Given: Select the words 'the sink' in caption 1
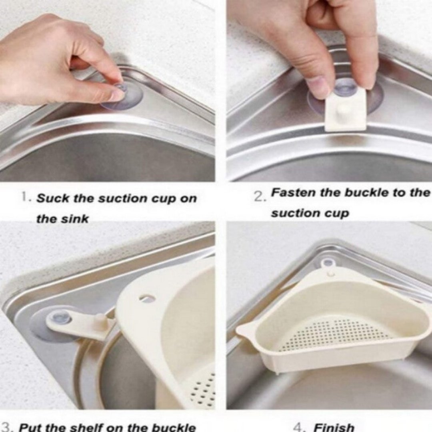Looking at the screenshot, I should point(62,219).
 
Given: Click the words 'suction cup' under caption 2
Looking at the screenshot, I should point(310,213).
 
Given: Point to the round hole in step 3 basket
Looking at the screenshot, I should point(147,298).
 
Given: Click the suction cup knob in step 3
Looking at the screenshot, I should point(62,318).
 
